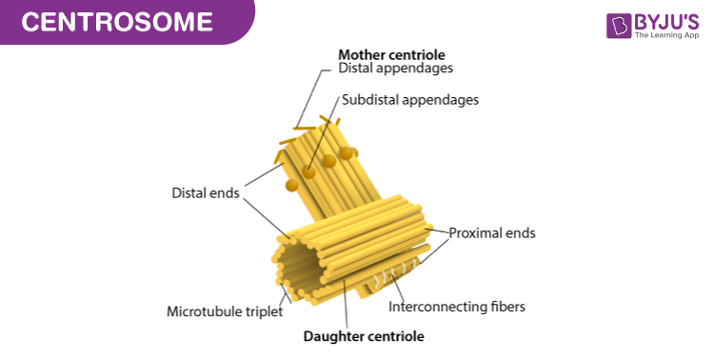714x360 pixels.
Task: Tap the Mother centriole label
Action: click(x=391, y=54)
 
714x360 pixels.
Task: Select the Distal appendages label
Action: click(x=395, y=69)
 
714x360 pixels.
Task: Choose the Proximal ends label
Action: click(x=492, y=231)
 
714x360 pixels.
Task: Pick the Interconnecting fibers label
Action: click(x=457, y=307)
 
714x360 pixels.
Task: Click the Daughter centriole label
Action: click(x=364, y=335)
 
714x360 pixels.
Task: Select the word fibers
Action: click(x=506, y=307)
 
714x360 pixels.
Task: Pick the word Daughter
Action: click(x=332, y=335)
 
